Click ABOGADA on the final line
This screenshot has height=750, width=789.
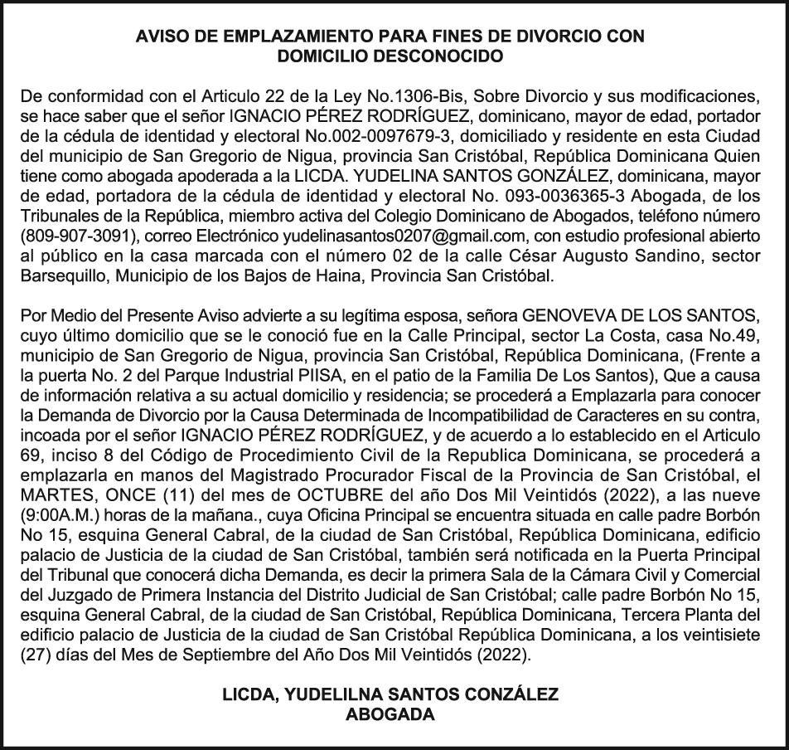click(x=394, y=713)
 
